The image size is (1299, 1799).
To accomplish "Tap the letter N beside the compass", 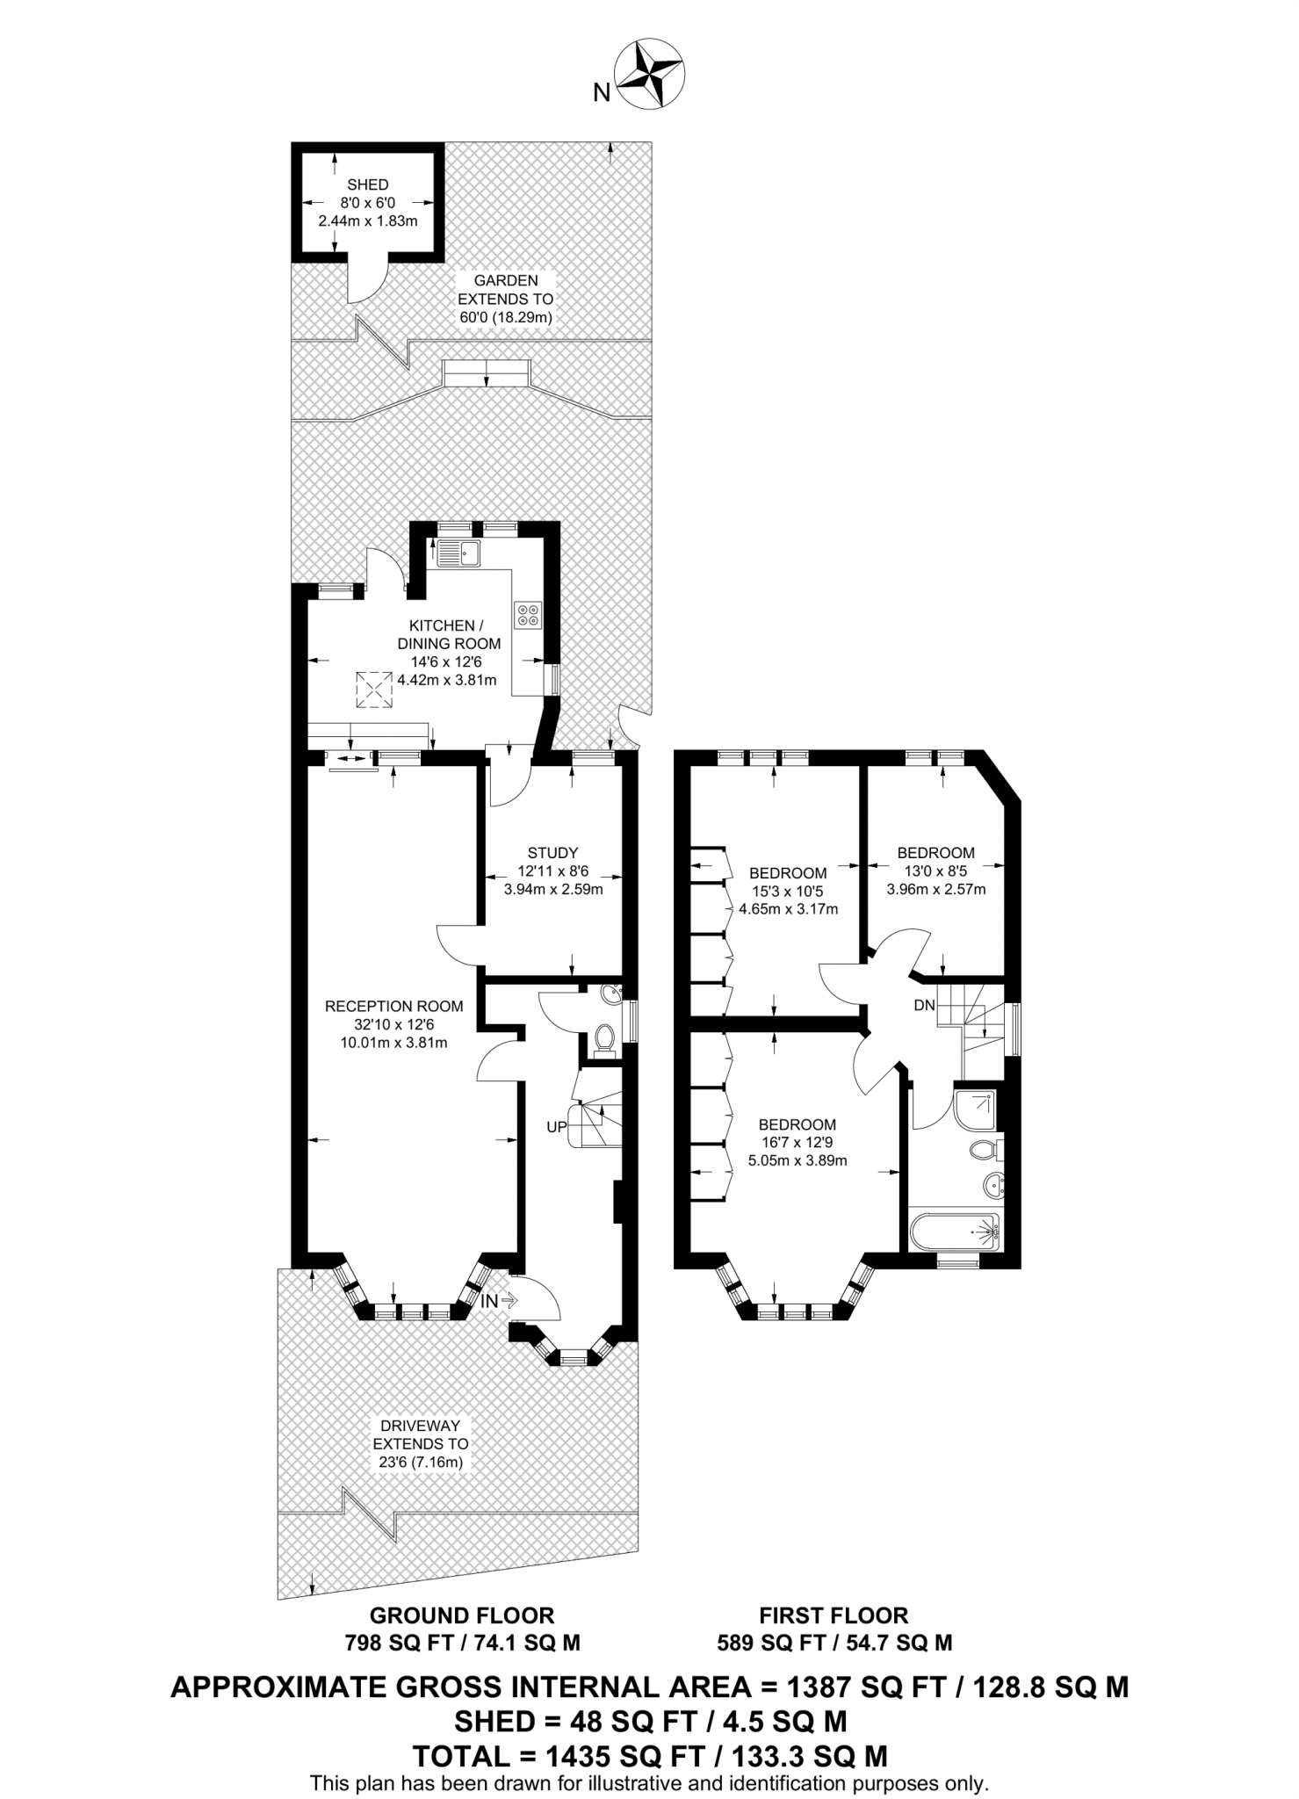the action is point(602,92).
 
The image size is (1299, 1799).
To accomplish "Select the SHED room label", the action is point(368,184).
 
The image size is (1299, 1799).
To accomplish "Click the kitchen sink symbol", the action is point(458,553).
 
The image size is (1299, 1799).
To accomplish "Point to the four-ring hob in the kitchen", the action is point(529,615).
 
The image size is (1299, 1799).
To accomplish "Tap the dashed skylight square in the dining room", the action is point(374,690).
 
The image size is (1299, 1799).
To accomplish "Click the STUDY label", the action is point(553,852).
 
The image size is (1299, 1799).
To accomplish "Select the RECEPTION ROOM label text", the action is point(394,1007).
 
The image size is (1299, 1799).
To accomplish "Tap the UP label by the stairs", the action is point(557,1127).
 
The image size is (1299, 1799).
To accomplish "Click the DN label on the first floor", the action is point(925,1006).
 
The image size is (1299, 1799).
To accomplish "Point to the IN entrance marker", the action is point(489,1301).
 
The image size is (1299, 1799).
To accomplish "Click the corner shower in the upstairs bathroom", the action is point(975,1111).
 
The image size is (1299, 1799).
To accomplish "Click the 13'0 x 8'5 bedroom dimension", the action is point(936,871).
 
